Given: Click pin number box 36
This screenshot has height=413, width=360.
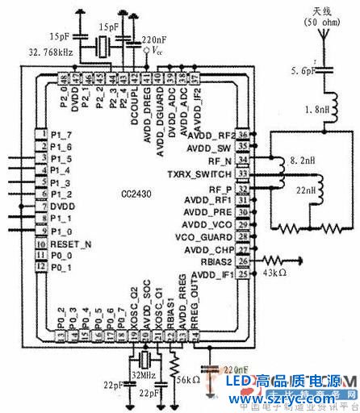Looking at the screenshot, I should [x=242, y=136].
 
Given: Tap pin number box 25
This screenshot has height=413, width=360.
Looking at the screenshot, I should [x=242, y=274].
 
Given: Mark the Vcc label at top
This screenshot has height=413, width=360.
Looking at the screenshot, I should [x=160, y=50].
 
